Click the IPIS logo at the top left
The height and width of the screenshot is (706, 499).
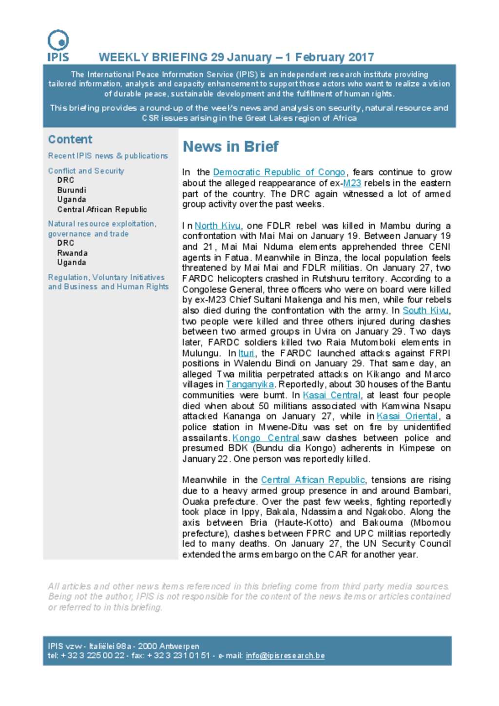click(58, 45)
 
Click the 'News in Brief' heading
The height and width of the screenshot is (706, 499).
click(230, 147)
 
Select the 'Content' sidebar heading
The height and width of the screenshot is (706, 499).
click(70, 139)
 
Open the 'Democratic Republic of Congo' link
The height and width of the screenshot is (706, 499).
click(279, 172)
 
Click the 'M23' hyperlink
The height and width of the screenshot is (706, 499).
click(352, 183)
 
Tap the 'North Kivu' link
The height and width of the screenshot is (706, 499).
click(217, 226)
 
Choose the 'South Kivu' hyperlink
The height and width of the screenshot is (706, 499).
click(425, 310)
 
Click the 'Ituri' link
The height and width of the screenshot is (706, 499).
click(246, 353)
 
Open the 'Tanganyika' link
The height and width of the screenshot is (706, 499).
click(249, 384)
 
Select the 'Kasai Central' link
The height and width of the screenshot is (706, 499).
click(331, 395)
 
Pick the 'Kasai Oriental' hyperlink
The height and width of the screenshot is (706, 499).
click(407, 417)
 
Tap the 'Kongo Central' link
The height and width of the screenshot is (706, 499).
click(266, 438)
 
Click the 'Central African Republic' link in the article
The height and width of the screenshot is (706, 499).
click(313, 480)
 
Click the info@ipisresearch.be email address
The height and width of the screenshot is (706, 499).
click(285, 656)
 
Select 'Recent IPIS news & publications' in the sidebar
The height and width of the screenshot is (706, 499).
click(108, 156)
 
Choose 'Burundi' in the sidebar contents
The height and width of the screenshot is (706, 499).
click(72, 190)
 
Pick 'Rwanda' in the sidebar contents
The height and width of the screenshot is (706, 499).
click(72, 253)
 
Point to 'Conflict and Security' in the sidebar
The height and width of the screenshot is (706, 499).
click(86, 171)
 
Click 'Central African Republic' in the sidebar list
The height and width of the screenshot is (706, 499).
click(102, 210)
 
